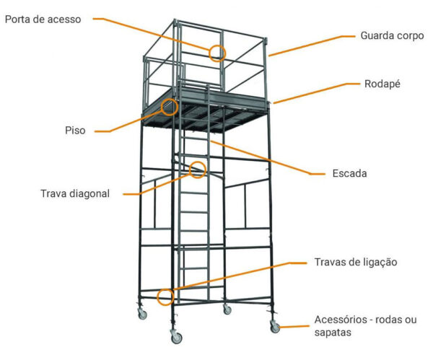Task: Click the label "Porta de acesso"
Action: pos(43,19)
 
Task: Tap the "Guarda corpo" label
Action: pos(392,35)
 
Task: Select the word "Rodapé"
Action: pos(382,84)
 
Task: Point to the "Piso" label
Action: pos(75,131)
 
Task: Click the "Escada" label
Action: pos(349,173)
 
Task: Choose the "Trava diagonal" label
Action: pos(75,193)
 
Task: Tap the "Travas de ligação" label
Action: pos(356,262)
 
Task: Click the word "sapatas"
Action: pos(333,332)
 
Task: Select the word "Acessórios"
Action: pos(341,320)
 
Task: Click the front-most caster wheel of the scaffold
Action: pos(176,338)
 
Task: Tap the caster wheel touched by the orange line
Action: pos(275,328)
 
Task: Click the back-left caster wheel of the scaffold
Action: pos(142,314)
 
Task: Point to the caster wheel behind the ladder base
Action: pos(227,309)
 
